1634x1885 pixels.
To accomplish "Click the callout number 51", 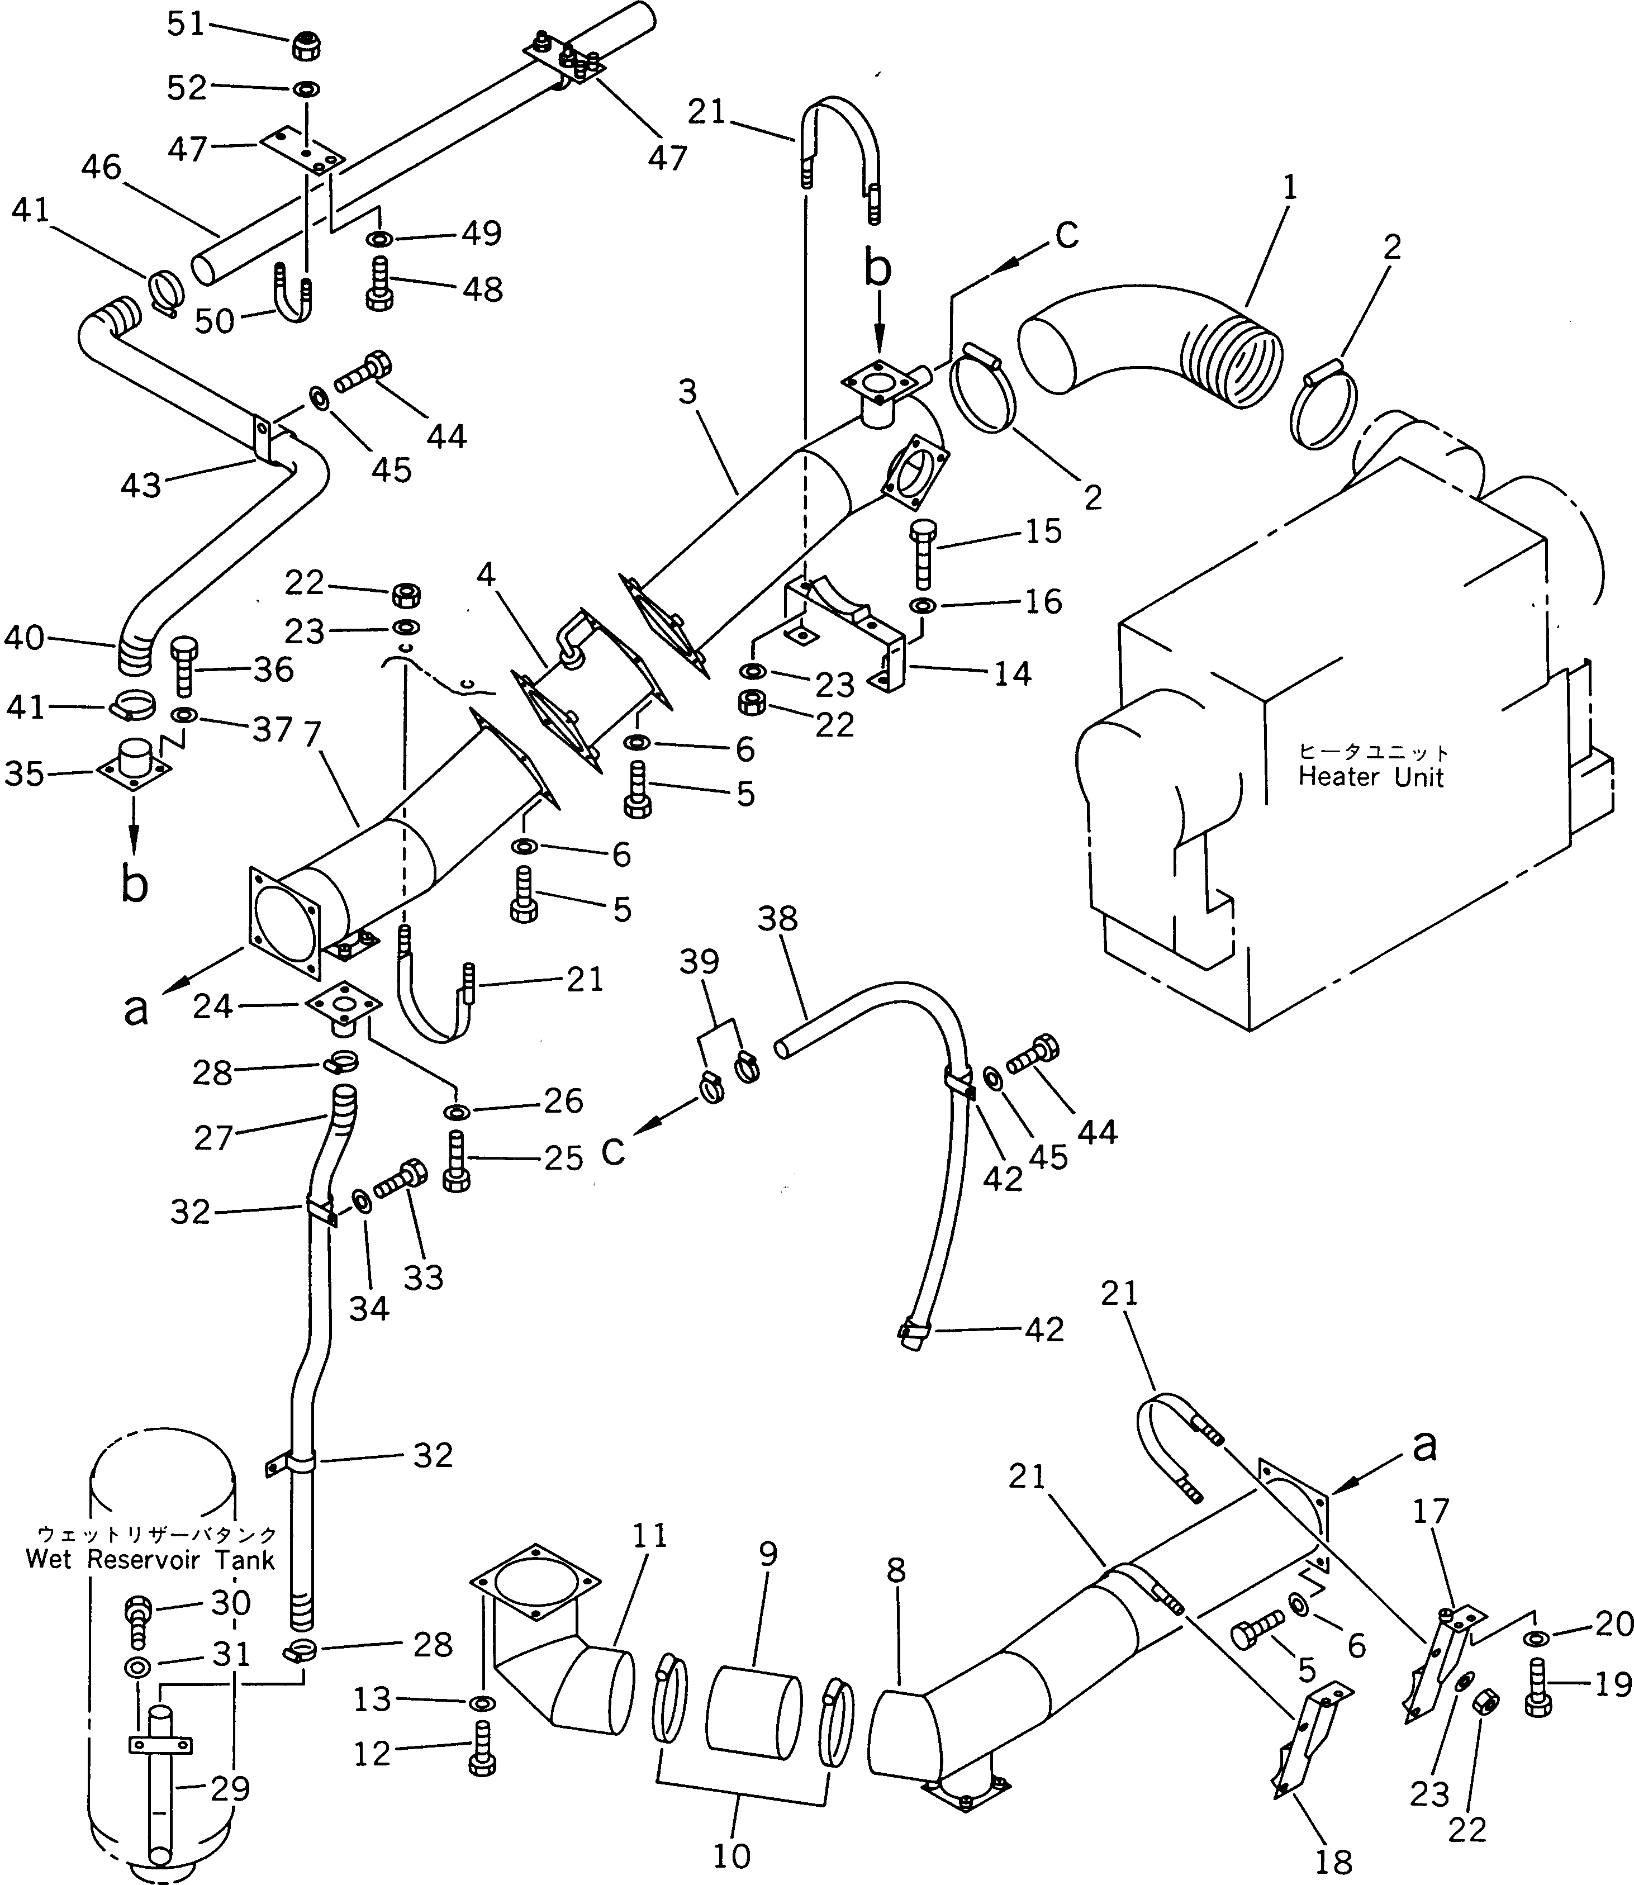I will tap(186, 25).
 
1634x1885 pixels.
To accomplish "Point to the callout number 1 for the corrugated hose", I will tap(1289, 188).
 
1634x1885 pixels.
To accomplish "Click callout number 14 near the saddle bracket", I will tap(1012, 674).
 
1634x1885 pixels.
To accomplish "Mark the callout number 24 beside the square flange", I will tap(213, 1007).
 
